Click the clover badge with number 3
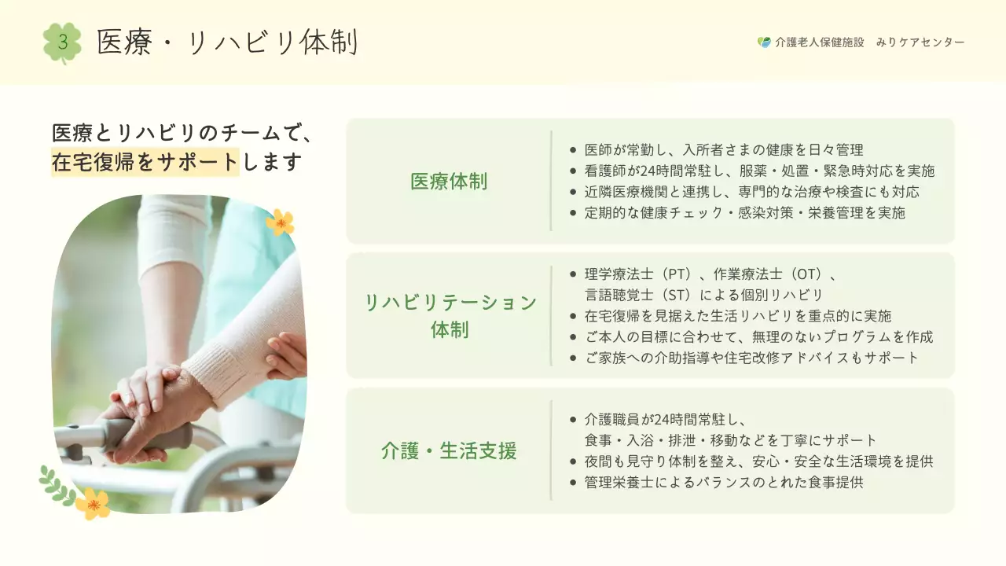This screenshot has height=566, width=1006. point(62,42)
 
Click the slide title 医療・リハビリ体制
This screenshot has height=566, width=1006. point(227,42)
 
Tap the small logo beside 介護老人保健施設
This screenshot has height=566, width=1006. point(764,42)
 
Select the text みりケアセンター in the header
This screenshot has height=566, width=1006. point(920,42)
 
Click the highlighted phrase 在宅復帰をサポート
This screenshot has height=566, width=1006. point(145,163)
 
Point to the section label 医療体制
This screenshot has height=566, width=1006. point(449,182)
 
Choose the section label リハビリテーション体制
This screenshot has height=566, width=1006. point(450,315)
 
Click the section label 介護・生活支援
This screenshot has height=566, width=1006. point(449,451)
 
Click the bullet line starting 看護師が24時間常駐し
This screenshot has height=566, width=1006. point(759,171)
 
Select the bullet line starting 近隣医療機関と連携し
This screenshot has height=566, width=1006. point(751,192)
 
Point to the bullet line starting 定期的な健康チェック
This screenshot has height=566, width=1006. point(744,213)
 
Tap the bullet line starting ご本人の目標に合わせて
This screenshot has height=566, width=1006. point(758,337)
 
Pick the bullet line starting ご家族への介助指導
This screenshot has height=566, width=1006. point(751,358)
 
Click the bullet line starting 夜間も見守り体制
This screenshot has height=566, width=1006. point(758,461)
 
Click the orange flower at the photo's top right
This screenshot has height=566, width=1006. point(279,222)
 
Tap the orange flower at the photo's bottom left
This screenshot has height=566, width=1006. point(93,503)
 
